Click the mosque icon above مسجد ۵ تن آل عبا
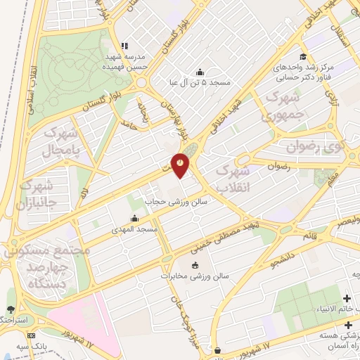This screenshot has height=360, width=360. (x=200, y=71)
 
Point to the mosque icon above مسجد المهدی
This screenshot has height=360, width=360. (x=134, y=218)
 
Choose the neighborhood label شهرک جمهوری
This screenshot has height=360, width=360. (x=283, y=105)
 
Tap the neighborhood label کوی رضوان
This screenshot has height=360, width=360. (x=315, y=147)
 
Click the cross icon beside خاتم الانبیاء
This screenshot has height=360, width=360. (x=347, y=298)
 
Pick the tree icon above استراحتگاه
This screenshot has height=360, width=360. (x=10, y=309)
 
